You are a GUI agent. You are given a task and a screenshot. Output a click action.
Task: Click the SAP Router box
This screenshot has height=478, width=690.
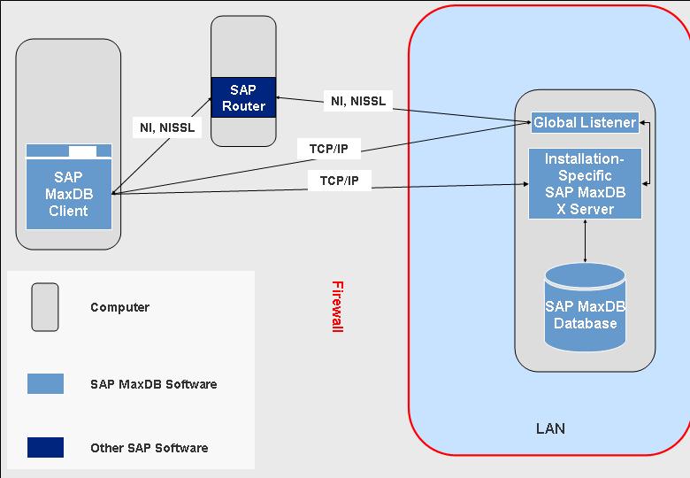(243, 98)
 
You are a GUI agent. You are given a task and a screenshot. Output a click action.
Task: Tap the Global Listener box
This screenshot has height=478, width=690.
(585, 123)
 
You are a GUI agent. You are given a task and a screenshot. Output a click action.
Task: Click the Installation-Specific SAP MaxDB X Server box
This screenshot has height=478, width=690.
(585, 184)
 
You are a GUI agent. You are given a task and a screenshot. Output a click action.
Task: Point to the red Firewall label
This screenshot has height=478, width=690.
(336, 306)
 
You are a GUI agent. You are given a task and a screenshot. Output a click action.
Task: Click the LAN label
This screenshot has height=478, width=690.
(550, 428)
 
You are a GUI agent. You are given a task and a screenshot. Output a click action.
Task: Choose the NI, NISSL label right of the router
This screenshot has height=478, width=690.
(358, 101)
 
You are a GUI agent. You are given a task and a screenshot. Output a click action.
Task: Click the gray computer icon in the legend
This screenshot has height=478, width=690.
(45, 307)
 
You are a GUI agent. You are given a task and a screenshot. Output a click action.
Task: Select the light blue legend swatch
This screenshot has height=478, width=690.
(45, 383)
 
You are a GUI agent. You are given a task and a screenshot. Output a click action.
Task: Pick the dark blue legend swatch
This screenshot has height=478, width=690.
(45, 447)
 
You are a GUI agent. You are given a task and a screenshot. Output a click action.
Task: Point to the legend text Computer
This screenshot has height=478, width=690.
(119, 308)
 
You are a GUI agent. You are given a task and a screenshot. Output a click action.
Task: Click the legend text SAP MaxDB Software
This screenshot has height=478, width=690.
(153, 384)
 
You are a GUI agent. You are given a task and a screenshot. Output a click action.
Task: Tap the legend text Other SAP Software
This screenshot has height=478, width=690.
(149, 448)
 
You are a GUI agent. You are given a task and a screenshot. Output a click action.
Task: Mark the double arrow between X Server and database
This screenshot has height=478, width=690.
(586, 241)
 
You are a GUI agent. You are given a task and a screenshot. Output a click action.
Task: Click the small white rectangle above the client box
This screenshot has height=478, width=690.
(82, 150)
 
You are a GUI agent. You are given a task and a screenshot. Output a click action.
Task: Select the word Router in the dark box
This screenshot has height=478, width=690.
(243, 106)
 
